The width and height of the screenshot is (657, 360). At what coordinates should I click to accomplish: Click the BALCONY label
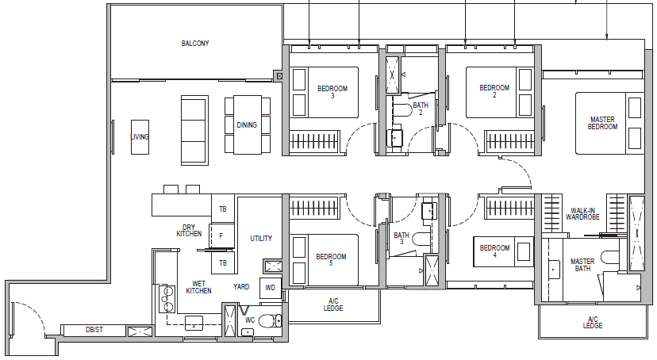pos(195,43)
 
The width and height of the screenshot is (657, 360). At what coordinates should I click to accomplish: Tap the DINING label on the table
pos(247,124)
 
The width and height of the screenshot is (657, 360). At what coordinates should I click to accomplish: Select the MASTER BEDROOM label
pos(602,123)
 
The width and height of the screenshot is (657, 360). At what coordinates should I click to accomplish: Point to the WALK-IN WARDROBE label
pos(582,214)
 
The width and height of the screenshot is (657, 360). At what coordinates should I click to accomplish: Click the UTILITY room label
pos(261,238)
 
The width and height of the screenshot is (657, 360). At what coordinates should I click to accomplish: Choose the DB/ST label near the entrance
pos(94,330)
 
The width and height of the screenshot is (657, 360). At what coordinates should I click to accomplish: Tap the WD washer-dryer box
pos(271,288)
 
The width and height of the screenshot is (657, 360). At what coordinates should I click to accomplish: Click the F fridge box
pos(221,236)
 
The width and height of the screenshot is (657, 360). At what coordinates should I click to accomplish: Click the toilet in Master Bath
pos(609,257)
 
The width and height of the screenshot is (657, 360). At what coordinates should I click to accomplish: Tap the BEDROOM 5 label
pos(331,260)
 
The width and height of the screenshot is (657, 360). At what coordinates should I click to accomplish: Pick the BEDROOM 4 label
pos(494,251)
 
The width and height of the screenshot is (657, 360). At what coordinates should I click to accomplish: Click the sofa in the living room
pos(194,130)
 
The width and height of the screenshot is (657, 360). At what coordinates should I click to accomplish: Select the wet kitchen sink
pos(194,323)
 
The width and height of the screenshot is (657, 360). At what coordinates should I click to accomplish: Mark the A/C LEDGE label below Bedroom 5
pos(333,304)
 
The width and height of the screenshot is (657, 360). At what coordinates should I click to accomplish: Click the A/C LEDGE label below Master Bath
pos(593,322)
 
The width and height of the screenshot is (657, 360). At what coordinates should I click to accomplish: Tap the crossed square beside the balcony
pos(279,76)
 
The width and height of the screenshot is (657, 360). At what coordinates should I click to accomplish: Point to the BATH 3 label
pos(401,239)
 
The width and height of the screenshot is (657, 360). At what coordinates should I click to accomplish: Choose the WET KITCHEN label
pos(198,287)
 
